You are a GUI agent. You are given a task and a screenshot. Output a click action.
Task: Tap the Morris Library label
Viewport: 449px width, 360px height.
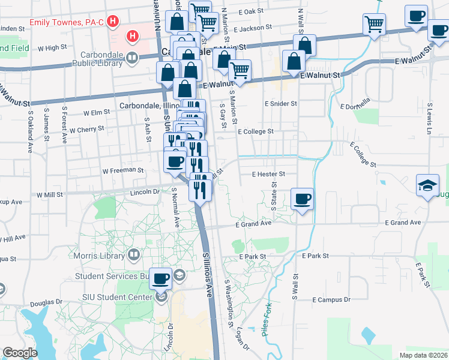point(100,256)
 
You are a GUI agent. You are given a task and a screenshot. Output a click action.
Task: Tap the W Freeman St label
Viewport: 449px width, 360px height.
point(122,170)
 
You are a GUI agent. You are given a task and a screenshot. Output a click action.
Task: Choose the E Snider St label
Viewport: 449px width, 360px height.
point(281,103)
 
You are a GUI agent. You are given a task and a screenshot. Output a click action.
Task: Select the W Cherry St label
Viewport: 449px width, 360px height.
point(86,129)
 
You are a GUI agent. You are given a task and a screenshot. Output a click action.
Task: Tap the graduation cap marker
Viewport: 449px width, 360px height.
point(428,185)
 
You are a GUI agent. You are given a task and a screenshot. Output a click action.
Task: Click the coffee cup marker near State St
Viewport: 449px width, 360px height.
point(302,199)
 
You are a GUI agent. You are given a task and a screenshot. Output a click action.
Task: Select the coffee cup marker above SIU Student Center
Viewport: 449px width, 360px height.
point(160,278)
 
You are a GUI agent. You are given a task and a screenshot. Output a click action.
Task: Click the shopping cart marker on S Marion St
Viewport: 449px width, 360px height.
point(240,71)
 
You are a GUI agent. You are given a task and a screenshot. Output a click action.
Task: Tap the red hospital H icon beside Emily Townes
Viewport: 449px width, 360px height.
point(113,23)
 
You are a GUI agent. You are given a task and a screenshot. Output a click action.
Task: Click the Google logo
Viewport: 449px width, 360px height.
point(20,353)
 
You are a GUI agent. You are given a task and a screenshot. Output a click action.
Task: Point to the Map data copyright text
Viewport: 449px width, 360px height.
point(423,355)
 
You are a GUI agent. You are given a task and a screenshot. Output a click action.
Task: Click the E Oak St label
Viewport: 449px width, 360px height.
point(250,11)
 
